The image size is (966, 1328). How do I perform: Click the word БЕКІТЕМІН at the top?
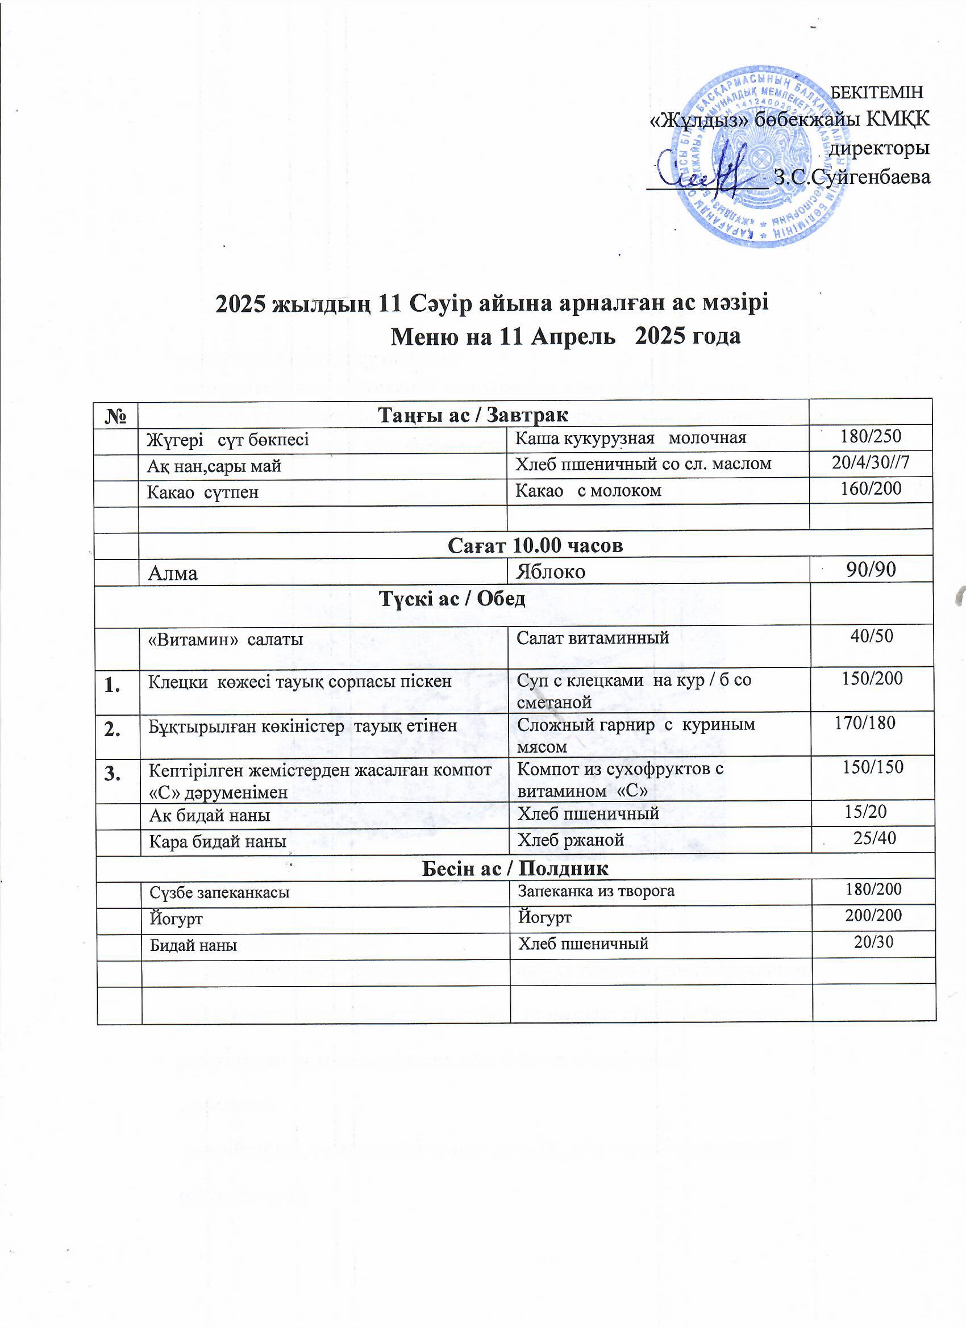(877, 92)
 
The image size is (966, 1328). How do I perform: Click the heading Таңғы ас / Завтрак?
(473, 415)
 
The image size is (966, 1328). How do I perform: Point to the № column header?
(116, 415)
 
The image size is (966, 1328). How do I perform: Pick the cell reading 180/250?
(871, 436)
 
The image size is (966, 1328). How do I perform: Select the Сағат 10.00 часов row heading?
(535, 545)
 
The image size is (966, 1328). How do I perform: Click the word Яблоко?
(550, 571)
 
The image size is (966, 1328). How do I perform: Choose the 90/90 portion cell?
(871, 569)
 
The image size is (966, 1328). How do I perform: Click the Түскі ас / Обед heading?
(452, 599)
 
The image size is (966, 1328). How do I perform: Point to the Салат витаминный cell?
(592, 638)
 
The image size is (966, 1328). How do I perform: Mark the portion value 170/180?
(865, 723)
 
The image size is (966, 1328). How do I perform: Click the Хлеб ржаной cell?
(570, 840)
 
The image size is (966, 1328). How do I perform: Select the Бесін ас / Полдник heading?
(515, 868)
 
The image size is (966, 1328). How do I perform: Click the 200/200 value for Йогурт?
(873, 916)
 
